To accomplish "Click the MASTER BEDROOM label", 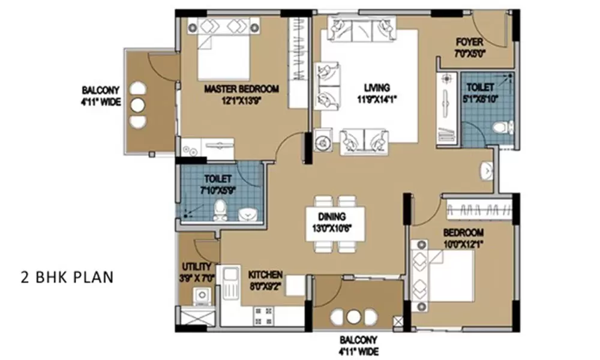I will click(241, 89).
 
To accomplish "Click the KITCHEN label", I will click(265, 275).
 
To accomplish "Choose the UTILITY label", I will click(196, 266).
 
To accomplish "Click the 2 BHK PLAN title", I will click(67, 278).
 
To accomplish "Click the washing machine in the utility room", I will click(200, 296).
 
